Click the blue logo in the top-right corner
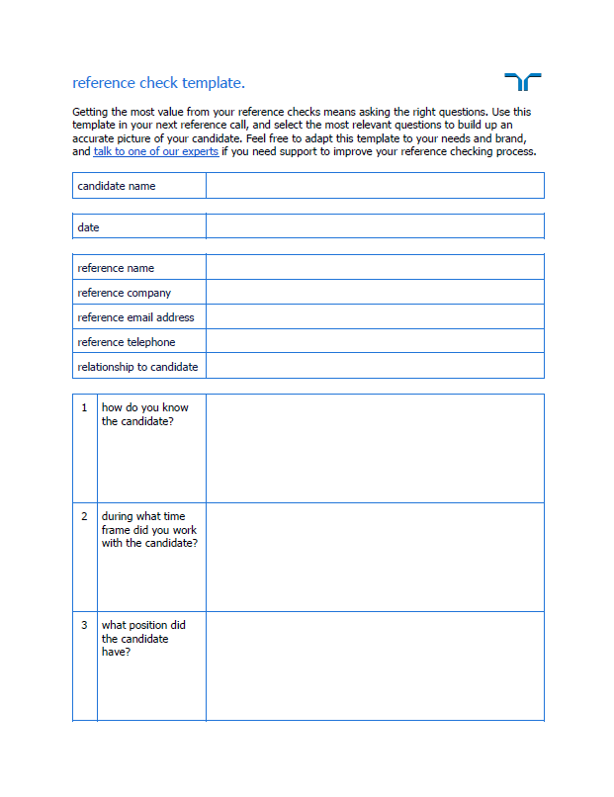tap(523, 82)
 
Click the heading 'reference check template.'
tap(158, 83)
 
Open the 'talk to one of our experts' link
tap(156, 152)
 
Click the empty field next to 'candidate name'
tap(375, 186)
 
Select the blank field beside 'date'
tap(375, 226)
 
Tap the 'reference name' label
tap(116, 268)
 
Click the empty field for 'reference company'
tap(375, 293)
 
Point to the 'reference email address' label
tap(135, 317)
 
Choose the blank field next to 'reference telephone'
tap(375, 342)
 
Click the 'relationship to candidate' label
tap(137, 367)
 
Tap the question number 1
tap(84, 407)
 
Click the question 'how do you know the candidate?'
tap(144, 414)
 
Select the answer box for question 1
tap(375, 448)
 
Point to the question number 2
tap(84, 516)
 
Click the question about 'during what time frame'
tap(148, 530)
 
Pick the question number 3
tap(84, 625)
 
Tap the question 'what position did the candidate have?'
tap(143, 639)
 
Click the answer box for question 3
tap(375, 665)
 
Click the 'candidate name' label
tap(117, 186)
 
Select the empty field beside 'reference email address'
tap(375, 317)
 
